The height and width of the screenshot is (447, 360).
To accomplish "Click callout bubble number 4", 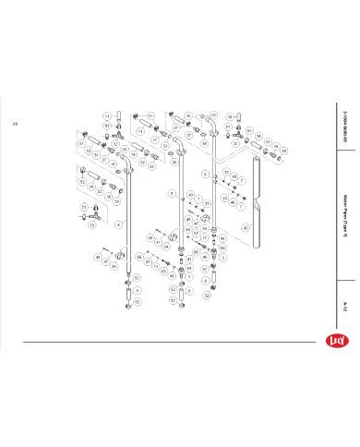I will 117,224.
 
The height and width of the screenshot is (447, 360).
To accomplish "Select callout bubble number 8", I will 171,193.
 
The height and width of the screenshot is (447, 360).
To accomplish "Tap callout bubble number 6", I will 205,174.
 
